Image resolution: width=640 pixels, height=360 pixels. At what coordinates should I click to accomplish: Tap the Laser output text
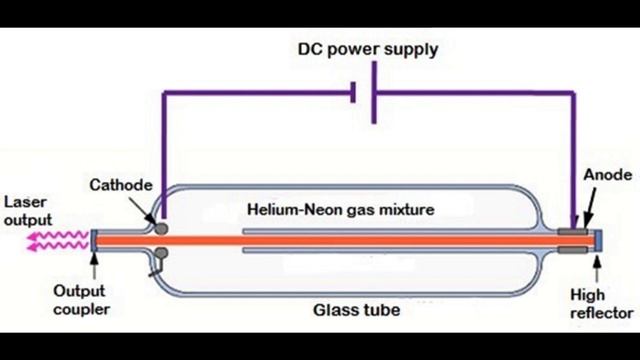point(27,212)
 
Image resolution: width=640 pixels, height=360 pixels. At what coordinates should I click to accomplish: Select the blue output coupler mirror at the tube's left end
point(92,241)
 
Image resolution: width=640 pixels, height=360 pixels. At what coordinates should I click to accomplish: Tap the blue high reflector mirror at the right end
point(598,241)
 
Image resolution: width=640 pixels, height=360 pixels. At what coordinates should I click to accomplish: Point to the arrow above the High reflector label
point(598,267)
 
